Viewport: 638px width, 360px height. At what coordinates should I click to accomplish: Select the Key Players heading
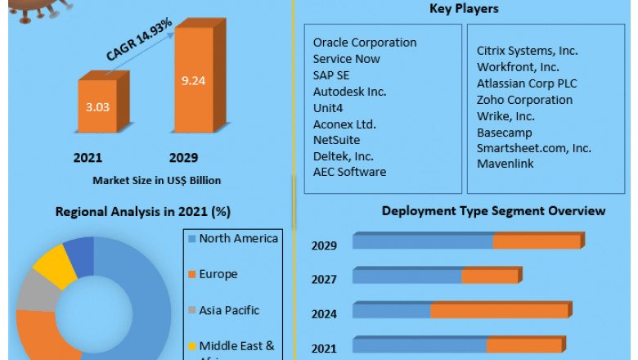click(464, 9)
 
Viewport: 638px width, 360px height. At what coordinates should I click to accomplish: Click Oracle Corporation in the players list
click(364, 43)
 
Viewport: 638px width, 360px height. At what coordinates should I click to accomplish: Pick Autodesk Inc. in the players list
click(349, 92)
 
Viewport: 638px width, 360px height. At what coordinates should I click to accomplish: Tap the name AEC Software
click(349, 172)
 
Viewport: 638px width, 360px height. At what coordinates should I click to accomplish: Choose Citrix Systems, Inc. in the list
click(528, 51)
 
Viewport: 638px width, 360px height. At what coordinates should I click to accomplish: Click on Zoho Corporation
click(524, 100)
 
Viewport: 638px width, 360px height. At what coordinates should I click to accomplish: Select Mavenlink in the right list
click(505, 164)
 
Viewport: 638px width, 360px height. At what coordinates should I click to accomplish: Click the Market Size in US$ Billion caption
click(156, 180)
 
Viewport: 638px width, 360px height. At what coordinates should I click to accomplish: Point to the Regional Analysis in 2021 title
click(142, 212)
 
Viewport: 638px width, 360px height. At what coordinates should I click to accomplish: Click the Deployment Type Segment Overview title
click(493, 211)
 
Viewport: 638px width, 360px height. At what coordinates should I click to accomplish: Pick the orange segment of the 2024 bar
click(499, 311)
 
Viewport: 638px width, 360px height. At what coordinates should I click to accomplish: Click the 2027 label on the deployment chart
click(324, 279)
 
